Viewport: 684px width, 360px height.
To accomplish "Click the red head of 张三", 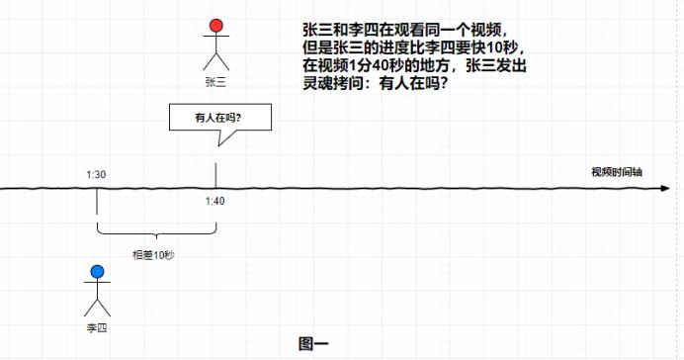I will click(x=216, y=27).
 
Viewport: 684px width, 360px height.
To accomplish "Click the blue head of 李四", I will click(x=97, y=272).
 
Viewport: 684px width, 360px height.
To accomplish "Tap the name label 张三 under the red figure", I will click(x=216, y=82).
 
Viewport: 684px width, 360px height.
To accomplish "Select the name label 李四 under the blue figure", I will click(x=97, y=325).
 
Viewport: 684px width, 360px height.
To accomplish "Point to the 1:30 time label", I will click(x=96, y=174).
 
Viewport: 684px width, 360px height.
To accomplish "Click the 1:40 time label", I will click(x=215, y=202).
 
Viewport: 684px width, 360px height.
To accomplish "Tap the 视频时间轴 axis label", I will click(x=617, y=171).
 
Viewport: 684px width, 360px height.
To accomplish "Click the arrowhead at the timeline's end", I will click(x=674, y=187).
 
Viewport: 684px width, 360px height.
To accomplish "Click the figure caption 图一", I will click(x=312, y=343).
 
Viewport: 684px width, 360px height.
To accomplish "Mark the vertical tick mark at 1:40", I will click(x=215, y=176).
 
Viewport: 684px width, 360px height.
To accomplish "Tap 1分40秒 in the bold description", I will click(x=370, y=65).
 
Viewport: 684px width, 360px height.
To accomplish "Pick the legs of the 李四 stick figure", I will click(x=97, y=307).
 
